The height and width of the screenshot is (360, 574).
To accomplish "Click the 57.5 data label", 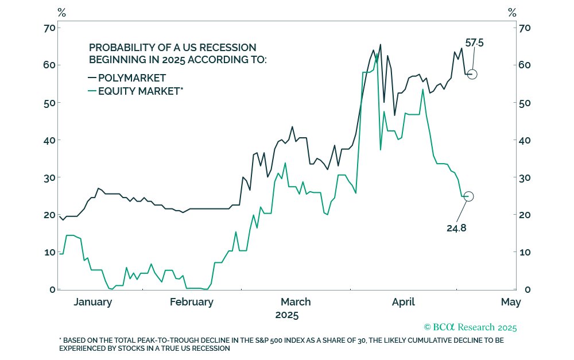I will (x=474, y=43).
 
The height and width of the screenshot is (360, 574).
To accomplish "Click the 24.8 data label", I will (x=457, y=227).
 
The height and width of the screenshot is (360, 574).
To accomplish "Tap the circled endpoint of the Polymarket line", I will (x=472, y=74).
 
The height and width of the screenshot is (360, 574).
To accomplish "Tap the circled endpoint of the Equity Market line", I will (x=468, y=196).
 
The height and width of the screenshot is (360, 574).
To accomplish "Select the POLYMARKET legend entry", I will (x=132, y=78).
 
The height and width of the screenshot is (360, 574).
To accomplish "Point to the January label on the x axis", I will (x=92, y=302).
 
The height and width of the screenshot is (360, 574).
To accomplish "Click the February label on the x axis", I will (x=192, y=302).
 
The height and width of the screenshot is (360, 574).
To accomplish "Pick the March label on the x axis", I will (x=296, y=302).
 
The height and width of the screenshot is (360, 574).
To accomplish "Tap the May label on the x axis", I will (x=510, y=302).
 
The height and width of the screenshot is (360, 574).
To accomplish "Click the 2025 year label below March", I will (x=287, y=315).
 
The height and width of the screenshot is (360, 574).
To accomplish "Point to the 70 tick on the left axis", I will (x=48, y=28).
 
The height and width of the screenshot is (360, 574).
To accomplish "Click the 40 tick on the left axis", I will (x=48, y=140).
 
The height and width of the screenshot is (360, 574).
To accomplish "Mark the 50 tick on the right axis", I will (x=525, y=103).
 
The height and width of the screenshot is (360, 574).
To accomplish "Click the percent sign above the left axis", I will (x=62, y=12).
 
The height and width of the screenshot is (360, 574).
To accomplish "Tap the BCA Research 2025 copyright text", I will (x=470, y=327).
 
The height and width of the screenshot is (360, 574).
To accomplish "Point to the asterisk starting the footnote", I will (x=60, y=339).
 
